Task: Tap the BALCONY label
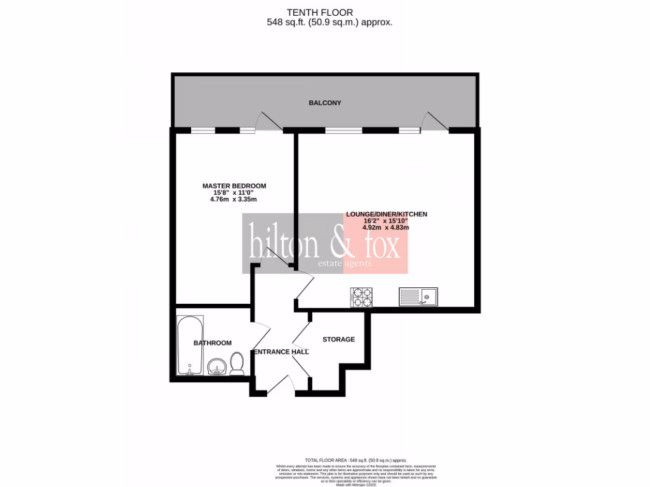point(325,103)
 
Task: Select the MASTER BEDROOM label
point(234,186)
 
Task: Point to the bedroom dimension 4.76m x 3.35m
point(234,199)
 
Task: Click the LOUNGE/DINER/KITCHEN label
point(386,214)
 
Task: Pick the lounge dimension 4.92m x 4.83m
point(386,228)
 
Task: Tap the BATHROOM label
point(213,343)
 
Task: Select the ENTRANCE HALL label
point(281,352)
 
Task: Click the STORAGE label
point(338,339)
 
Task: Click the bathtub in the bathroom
point(190,346)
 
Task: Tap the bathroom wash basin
point(216,367)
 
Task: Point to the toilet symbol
point(237,365)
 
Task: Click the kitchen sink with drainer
point(418,296)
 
